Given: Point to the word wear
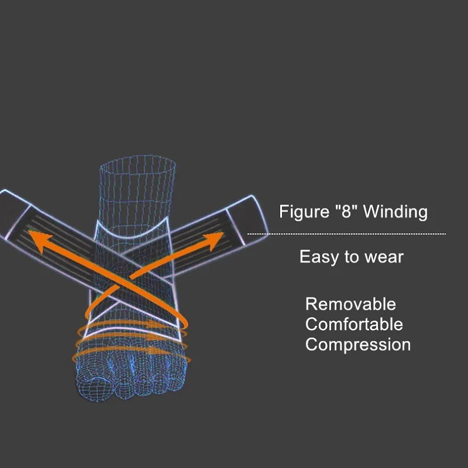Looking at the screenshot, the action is pos(383,257).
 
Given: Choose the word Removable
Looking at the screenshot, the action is pos(350,304).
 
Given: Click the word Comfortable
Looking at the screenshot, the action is pos(354,325).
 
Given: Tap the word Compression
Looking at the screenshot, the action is pos(358,344).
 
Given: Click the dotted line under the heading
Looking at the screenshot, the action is pos(347,234).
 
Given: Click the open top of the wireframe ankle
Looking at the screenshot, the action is pos(137,162).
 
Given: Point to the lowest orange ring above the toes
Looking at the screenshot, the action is pos(124,352).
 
